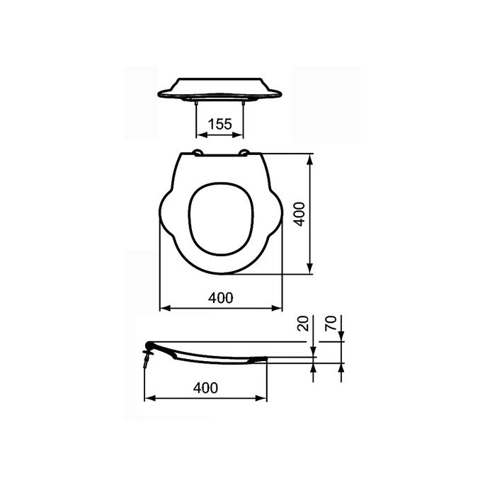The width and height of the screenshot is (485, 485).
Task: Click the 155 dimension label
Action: pos(219,125)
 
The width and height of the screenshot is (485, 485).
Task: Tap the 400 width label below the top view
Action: pos(222,298)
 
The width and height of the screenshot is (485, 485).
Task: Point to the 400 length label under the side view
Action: pos(205,387)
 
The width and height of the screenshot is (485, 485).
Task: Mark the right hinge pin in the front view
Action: pos(244,103)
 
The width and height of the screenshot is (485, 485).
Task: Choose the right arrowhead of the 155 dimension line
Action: pos(241,135)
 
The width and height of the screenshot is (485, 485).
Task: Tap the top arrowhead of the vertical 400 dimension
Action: pos(310,160)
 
